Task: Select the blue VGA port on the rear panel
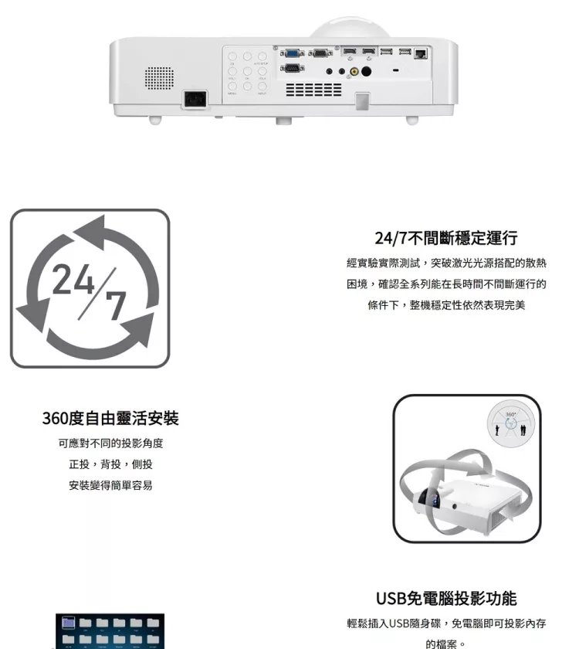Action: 292,53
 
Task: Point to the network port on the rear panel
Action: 421,53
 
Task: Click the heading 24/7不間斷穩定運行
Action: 445,238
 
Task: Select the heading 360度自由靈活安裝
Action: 110,419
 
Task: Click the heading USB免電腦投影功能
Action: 445,599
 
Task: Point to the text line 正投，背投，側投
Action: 110,464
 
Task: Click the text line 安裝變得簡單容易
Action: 110,485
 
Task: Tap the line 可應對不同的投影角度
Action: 110,443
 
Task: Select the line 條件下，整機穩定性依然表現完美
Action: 445,305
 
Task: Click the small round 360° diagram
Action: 511,426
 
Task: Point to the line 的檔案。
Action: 445,643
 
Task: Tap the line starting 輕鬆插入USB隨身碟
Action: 445,624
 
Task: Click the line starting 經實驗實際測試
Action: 445,263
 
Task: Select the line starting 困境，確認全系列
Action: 445,284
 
